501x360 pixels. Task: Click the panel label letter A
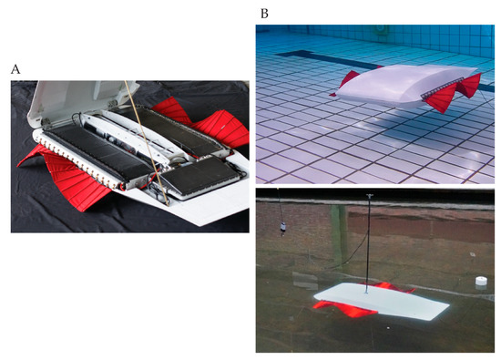click(x=15, y=68)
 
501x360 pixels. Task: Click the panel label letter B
click(x=264, y=13)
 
